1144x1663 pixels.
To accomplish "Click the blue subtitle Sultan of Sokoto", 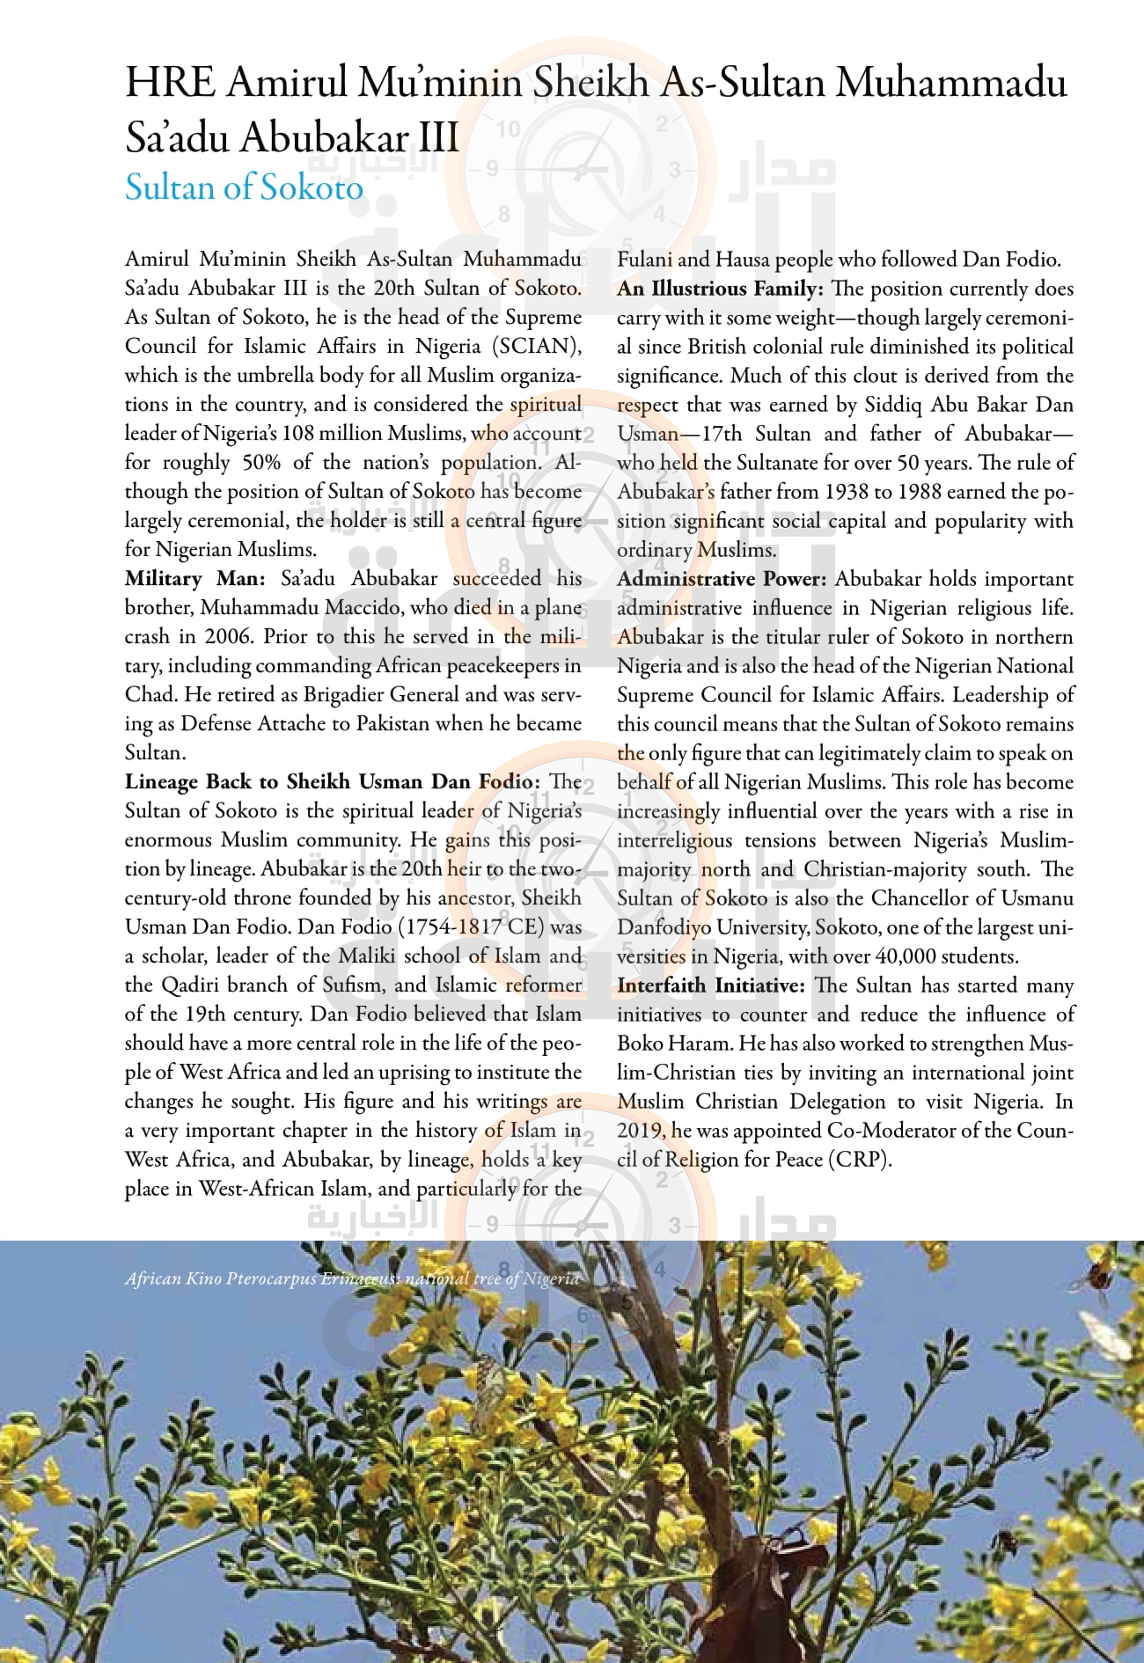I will [x=244, y=187].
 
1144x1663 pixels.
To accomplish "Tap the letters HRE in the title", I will [x=169, y=84].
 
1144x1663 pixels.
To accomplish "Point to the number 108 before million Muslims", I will [x=300, y=433].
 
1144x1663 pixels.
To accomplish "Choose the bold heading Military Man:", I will [x=194, y=578].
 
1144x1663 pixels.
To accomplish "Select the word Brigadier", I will [x=346, y=694].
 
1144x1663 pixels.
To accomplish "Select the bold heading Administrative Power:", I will [x=722, y=579].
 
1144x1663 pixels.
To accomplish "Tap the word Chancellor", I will [x=924, y=898].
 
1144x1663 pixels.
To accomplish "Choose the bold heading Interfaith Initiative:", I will [x=711, y=985].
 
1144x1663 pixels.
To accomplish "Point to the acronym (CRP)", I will [x=860, y=1160].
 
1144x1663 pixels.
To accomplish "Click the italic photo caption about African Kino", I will [x=352, y=1278].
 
